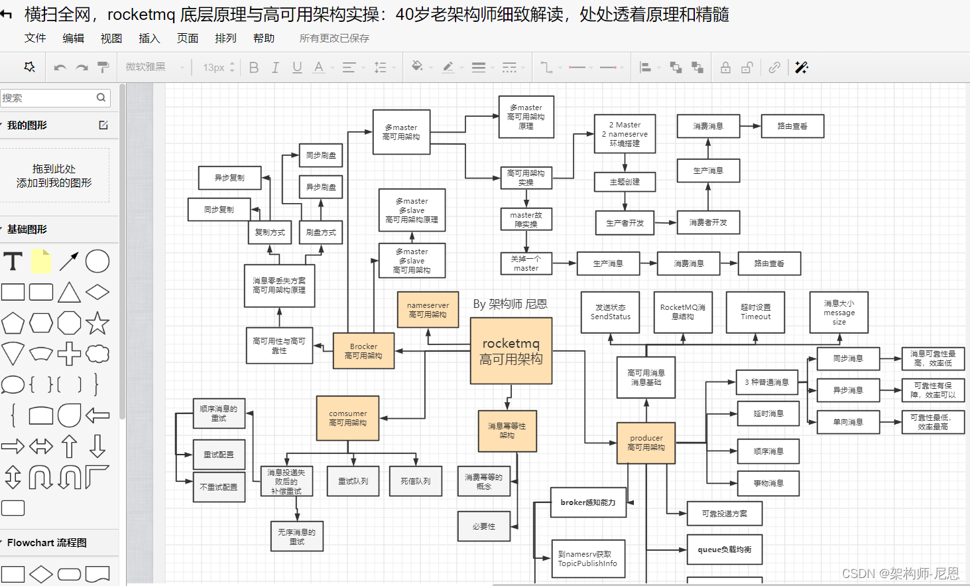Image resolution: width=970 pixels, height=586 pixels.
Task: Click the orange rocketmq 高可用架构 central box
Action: pyautogui.click(x=511, y=351)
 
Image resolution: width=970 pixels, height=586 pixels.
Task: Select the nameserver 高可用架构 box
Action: pyautogui.click(x=428, y=310)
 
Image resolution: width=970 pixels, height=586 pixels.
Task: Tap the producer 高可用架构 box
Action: pyautogui.click(x=646, y=443)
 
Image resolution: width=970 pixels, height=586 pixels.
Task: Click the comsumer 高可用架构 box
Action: pyautogui.click(x=347, y=418)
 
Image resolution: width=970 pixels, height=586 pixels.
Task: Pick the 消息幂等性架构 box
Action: pyautogui.click(x=507, y=431)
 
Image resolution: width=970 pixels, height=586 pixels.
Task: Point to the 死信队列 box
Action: pyautogui.click(x=416, y=481)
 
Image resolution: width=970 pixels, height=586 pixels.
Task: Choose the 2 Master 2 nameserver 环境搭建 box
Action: pyautogui.click(x=625, y=134)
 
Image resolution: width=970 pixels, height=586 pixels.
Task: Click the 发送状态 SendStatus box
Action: pyautogui.click(x=610, y=312)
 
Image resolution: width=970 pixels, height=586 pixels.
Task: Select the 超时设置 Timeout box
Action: pyautogui.click(x=755, y=312)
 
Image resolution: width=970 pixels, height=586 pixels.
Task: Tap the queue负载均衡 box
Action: pyautogui.click(x=724, y=549)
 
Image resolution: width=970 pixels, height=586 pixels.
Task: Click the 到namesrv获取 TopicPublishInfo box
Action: pyautogui.click(x=587, y=559)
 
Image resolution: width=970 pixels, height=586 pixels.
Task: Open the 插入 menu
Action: pyautogui.click(x=149, y=38)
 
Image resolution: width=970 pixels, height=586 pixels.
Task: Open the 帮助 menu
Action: pyautogui.click(x=263, y=38)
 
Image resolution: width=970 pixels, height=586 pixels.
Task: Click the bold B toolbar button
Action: pyautogui.click(x=254, y=68)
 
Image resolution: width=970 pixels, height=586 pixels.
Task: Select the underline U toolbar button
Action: pyautogui.click(x=297, y=68)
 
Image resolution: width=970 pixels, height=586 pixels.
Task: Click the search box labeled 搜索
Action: pyautogui.click(x=50, y=98)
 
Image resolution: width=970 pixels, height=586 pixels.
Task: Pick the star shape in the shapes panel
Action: pyautogui.click(x=97, y=323)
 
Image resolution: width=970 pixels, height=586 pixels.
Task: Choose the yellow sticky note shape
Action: pyautogui.click(x=41, y=261)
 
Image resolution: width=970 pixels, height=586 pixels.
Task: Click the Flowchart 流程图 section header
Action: pyautogui.click(x=46, y=543)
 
